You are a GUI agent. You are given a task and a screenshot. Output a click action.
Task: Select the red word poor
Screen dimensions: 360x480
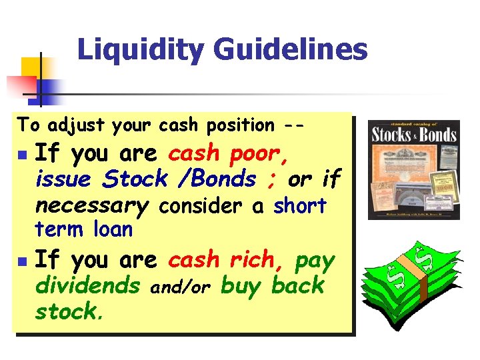tap(259, 154)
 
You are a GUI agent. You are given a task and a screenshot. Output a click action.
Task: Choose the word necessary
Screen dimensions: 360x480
tap(91, 205)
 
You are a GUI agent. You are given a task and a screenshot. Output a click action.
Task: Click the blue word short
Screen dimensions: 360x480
tap(300, 206)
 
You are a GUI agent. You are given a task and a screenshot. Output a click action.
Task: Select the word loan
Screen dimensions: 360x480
tap(113, 230)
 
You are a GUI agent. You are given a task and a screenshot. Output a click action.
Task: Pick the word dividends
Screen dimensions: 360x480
tap(87, 286)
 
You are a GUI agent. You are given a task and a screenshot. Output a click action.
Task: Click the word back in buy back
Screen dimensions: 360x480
tap(297, 286)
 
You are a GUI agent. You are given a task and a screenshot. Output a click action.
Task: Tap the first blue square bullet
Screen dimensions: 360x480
tap(23, 156)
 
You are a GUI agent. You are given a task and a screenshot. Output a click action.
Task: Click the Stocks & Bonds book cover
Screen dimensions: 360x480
tap(413, 170)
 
